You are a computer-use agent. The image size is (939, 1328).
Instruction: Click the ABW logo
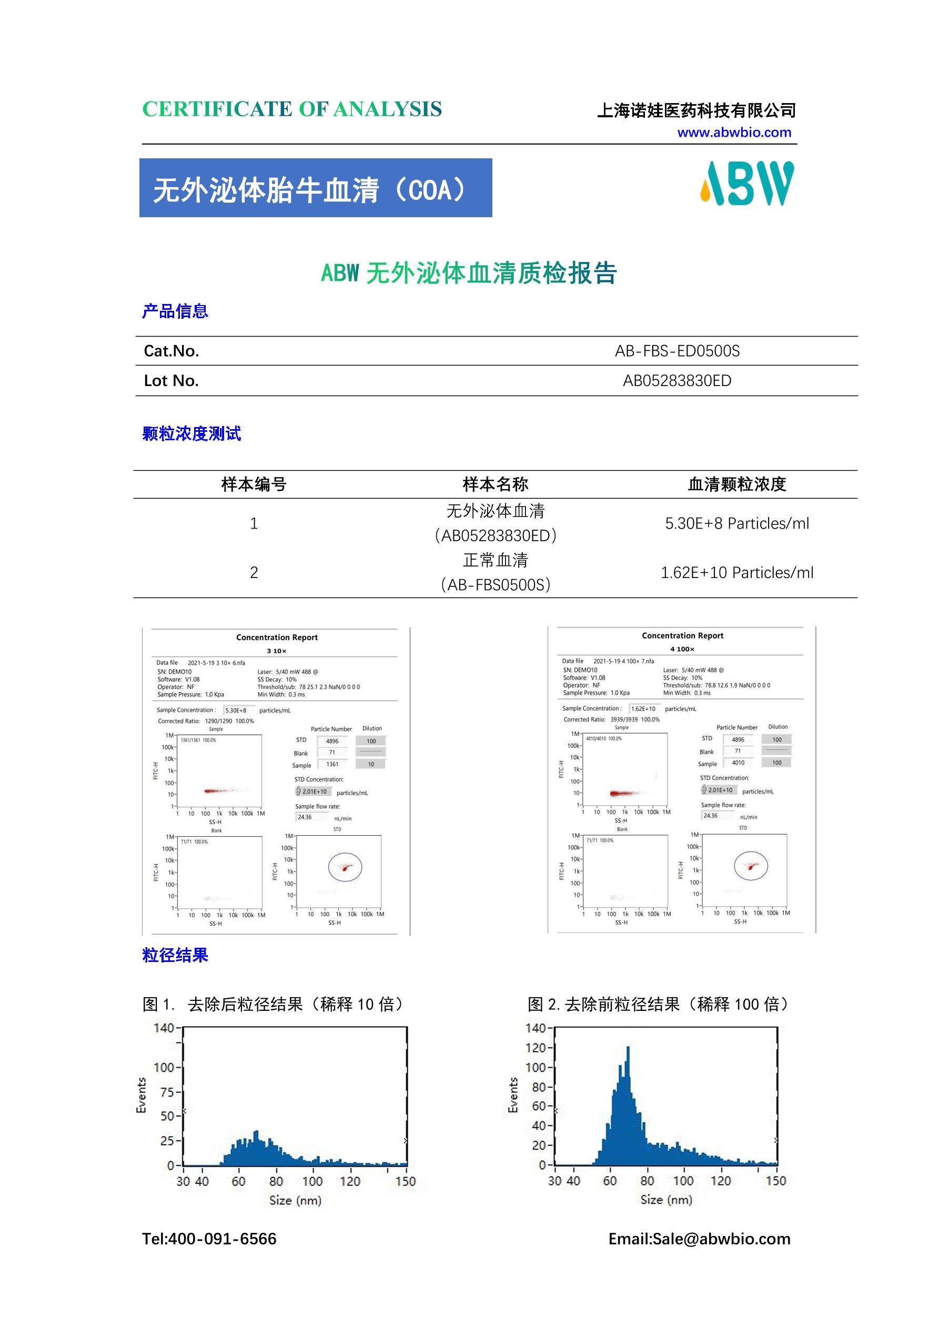click(747, 184)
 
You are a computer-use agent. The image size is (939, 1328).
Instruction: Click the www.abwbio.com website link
click(734, 133)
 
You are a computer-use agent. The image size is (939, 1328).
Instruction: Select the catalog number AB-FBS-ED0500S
click(677, 351)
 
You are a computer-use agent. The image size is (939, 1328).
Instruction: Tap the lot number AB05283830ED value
click(677, 381)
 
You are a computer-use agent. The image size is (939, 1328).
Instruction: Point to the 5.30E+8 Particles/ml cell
click(736, 523)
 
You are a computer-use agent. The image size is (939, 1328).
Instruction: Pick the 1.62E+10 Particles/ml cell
click(736, 573)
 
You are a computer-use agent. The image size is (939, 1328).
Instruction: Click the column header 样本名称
click(495, 484)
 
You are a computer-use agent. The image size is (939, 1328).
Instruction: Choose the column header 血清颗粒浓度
click(736, 484)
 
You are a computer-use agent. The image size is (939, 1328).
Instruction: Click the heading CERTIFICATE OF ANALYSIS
click(291, 109)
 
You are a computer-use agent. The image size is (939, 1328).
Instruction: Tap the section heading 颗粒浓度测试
click(191, 434)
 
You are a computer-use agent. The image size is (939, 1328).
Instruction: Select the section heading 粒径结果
click(175, 955)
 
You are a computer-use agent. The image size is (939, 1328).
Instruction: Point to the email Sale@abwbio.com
click(721, 1239)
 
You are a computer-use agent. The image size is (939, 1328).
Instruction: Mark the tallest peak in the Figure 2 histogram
click(628, 1048)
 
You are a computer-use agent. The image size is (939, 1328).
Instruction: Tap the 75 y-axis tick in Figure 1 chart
click(167, 1092)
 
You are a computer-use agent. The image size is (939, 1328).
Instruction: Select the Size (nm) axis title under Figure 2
click(666, 1200)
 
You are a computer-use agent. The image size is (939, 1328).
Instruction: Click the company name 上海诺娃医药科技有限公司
click(696, 110)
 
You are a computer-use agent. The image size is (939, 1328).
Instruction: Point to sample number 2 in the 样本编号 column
click(254, 573)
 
